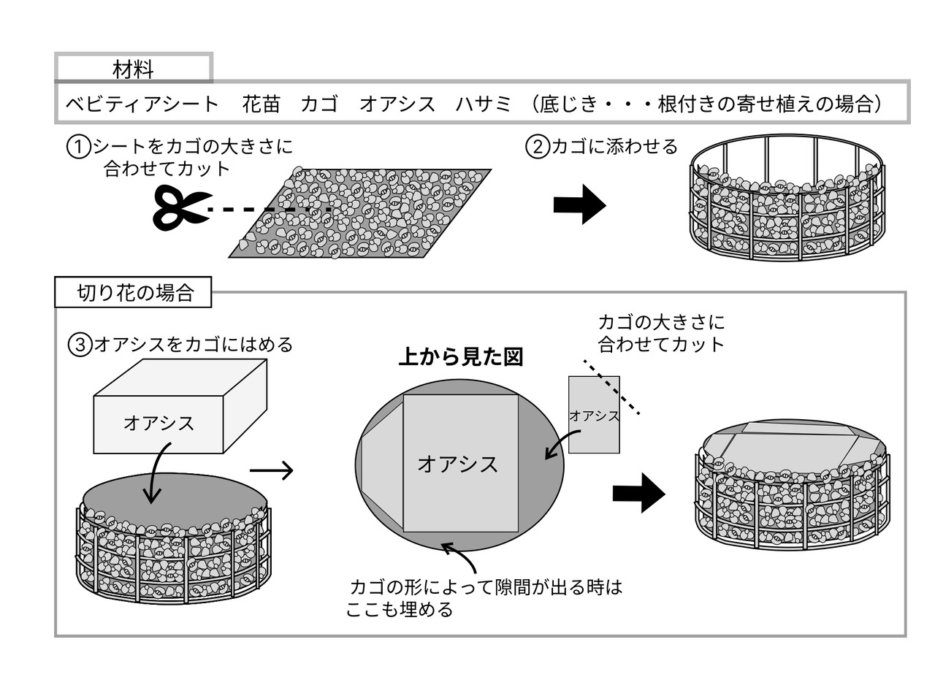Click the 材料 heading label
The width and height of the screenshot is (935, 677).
click(133, 69)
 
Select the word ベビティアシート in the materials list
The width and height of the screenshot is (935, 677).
click(142, 104)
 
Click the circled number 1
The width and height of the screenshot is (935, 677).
click(78, 148)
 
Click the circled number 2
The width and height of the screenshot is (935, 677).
click(537, 148)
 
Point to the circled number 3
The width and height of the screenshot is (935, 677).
click(78, 344)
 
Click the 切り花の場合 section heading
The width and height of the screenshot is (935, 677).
click(135, 294)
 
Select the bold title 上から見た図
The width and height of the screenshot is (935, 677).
click(461, 357)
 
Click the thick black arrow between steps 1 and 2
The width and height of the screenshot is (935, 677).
click(579, 205)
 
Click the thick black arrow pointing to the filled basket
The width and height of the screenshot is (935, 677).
click(638, 493)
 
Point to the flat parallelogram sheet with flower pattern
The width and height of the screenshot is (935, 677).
click(360, 213)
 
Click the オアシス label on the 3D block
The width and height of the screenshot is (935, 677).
click(159, 423)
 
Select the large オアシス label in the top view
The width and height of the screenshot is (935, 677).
click(458, 464)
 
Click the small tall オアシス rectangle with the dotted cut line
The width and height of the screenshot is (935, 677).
click(594, 415)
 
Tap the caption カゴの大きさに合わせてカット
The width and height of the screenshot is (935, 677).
click(661, 333)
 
